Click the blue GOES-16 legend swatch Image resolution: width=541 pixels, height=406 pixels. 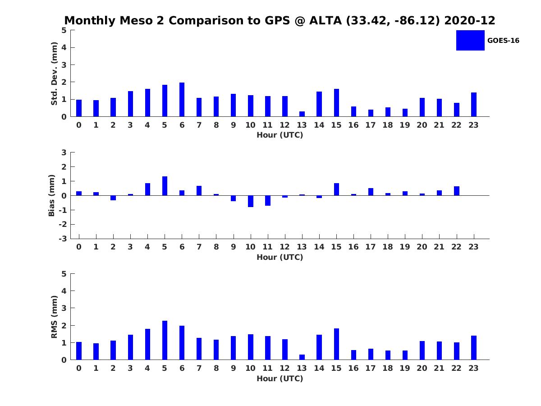pos(470,40)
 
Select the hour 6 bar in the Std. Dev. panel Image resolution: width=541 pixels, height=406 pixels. pos(182,100)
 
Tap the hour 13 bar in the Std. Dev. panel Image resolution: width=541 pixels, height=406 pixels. pos(302,114)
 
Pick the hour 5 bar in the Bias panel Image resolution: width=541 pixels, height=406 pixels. pos(165,186)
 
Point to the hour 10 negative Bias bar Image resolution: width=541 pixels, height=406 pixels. pos(251,201)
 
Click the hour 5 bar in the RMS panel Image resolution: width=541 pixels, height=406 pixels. pos(165,340)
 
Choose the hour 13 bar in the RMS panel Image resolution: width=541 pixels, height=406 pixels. pos(302,357)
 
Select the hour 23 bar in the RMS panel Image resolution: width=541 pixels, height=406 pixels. pos(474,348)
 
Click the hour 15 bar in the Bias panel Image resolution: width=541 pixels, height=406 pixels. pos(336,189)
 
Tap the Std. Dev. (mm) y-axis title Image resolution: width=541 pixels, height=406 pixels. pos(54,74)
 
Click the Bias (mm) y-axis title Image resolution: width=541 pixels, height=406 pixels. pos(52,195)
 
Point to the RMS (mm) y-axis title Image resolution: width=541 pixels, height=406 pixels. pos(54,317)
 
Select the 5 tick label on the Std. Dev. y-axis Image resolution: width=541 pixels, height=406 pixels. pos(64,30)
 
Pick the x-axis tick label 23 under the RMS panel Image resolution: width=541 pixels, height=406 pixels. pos(473,368)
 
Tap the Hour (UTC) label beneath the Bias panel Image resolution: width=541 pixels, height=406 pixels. pos(280,257)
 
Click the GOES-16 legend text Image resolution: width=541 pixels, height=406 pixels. pos(503,41)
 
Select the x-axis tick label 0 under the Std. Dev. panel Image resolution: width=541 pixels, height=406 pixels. pos(79,125)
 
